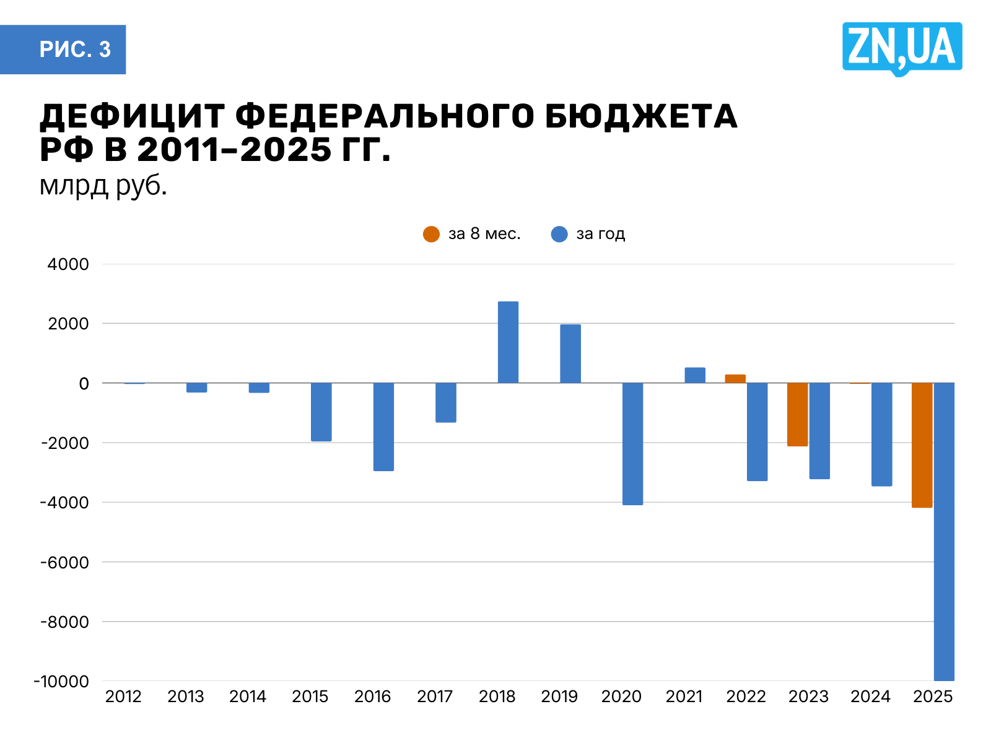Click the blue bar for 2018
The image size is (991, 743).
click(x=508, y=342)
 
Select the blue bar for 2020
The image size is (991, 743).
click(x=632, y=443)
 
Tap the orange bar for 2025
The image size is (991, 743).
click(x=922, y=445)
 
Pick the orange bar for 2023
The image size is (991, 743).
click(x=797, y=414)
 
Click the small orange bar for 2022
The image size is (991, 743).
click(x=735, y=379)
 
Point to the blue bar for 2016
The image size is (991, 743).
click(x=383, y=427)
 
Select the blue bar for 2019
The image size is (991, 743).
click(x=570, y=354)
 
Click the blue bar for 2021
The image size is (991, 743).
click(x=695, y=375)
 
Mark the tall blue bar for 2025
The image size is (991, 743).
click(x=944, y=531)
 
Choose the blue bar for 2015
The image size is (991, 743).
click(x=321, y=412)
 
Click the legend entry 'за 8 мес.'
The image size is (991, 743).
click(x=472, y=234)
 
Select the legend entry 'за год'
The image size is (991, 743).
click(x=588, y=234)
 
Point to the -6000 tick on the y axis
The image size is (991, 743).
click(x=65, y=562)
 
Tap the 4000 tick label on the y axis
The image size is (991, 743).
click(x=68, y=264)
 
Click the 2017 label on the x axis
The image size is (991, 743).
click(x=435, y=697)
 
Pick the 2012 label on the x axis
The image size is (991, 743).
click(x=123, y=697)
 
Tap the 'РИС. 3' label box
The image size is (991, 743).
click(x=63, y=50)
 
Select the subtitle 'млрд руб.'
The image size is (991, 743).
click(x=103, y=185)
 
